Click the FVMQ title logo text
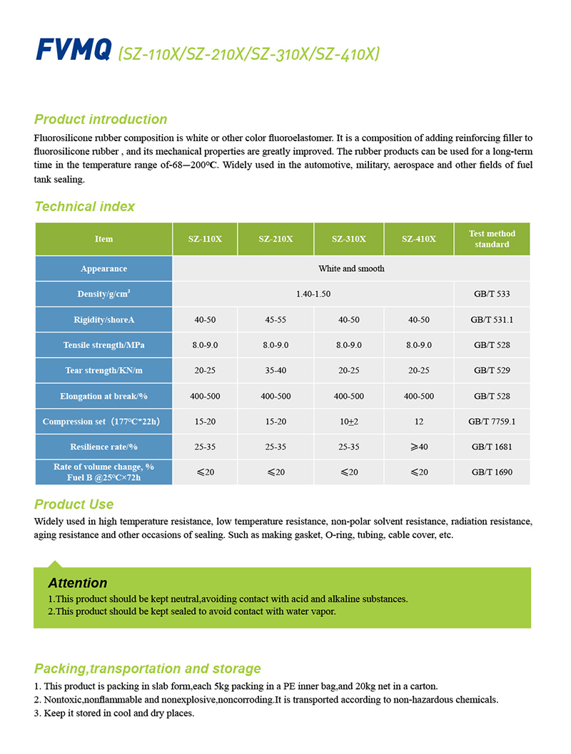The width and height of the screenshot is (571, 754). (x=74, y=51)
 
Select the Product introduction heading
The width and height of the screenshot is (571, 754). (x=101, y=119)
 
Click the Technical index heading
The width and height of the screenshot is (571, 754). (x=84, y=207)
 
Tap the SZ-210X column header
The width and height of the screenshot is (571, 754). (x=276, y=239)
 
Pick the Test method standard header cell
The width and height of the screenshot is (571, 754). (x=492, y=239)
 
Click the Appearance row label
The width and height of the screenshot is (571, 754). (x=103, y=269)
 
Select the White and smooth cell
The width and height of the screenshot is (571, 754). (x=351, y=269)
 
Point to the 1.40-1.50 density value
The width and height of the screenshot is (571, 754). (x=313, y=294)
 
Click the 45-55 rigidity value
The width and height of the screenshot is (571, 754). (x=276, y=320)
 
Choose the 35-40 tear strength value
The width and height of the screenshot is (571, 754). (x=276, y=370)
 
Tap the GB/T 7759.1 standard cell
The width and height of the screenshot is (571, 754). (x=492, y=422)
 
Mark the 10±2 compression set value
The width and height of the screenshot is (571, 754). (x=348, y=422)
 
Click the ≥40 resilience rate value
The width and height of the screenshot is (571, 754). (x=419, y=447)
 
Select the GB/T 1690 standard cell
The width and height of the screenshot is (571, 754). (x=492, y=472)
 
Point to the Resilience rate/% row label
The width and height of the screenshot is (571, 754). (x=103, y=447)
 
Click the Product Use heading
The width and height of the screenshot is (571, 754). (x=74, y=505)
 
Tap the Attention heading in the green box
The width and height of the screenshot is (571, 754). (x=78, y=583)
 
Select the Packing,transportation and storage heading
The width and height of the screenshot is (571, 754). (x=148, y=668)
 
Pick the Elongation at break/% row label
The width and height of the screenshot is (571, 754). (x=103, y=396)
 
